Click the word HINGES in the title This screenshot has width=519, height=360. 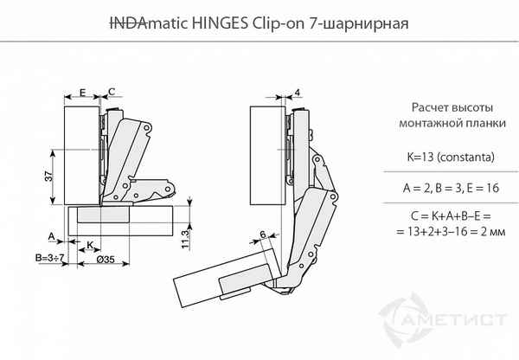tap(220, 23)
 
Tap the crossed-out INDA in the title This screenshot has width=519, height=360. tap(128, 23)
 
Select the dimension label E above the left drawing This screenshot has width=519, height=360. tap(82, 92)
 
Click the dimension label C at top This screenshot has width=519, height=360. tap(112, 92)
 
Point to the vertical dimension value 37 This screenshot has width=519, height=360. tap(48, 177)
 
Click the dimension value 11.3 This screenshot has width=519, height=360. tap(185, 239)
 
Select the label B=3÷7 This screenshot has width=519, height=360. tap(49, 257)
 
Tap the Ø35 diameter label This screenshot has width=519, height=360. tap(106, 260)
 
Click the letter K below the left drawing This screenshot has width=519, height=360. tap(90, 245)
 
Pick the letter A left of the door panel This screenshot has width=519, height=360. tap(52, 236)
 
